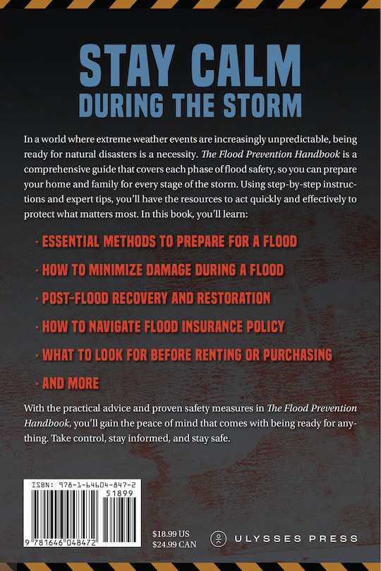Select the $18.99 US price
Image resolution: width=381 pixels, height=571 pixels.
(x=175, y=532)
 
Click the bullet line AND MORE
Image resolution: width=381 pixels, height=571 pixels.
(x=71, y=383)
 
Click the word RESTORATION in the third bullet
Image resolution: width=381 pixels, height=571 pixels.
(x=231, y=298)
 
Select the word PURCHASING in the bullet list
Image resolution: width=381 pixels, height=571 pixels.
(x=292, y=355)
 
